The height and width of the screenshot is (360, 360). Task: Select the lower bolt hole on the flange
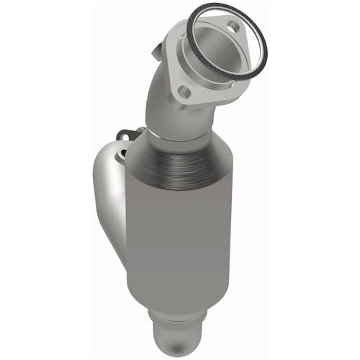point(185,91)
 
